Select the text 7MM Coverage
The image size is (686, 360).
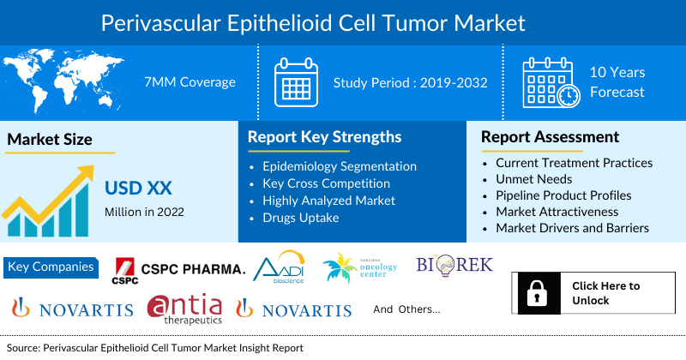[x=190, y=82]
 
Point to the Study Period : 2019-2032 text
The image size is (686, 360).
[x=411, y=83]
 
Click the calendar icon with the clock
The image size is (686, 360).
[x=551, y=82]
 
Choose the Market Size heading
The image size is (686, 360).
[x=50, y=140]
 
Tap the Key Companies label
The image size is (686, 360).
[x=51, y=267]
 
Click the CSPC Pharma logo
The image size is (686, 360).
[x=179, y=271]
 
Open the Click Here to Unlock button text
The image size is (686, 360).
[x=605, y=293]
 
